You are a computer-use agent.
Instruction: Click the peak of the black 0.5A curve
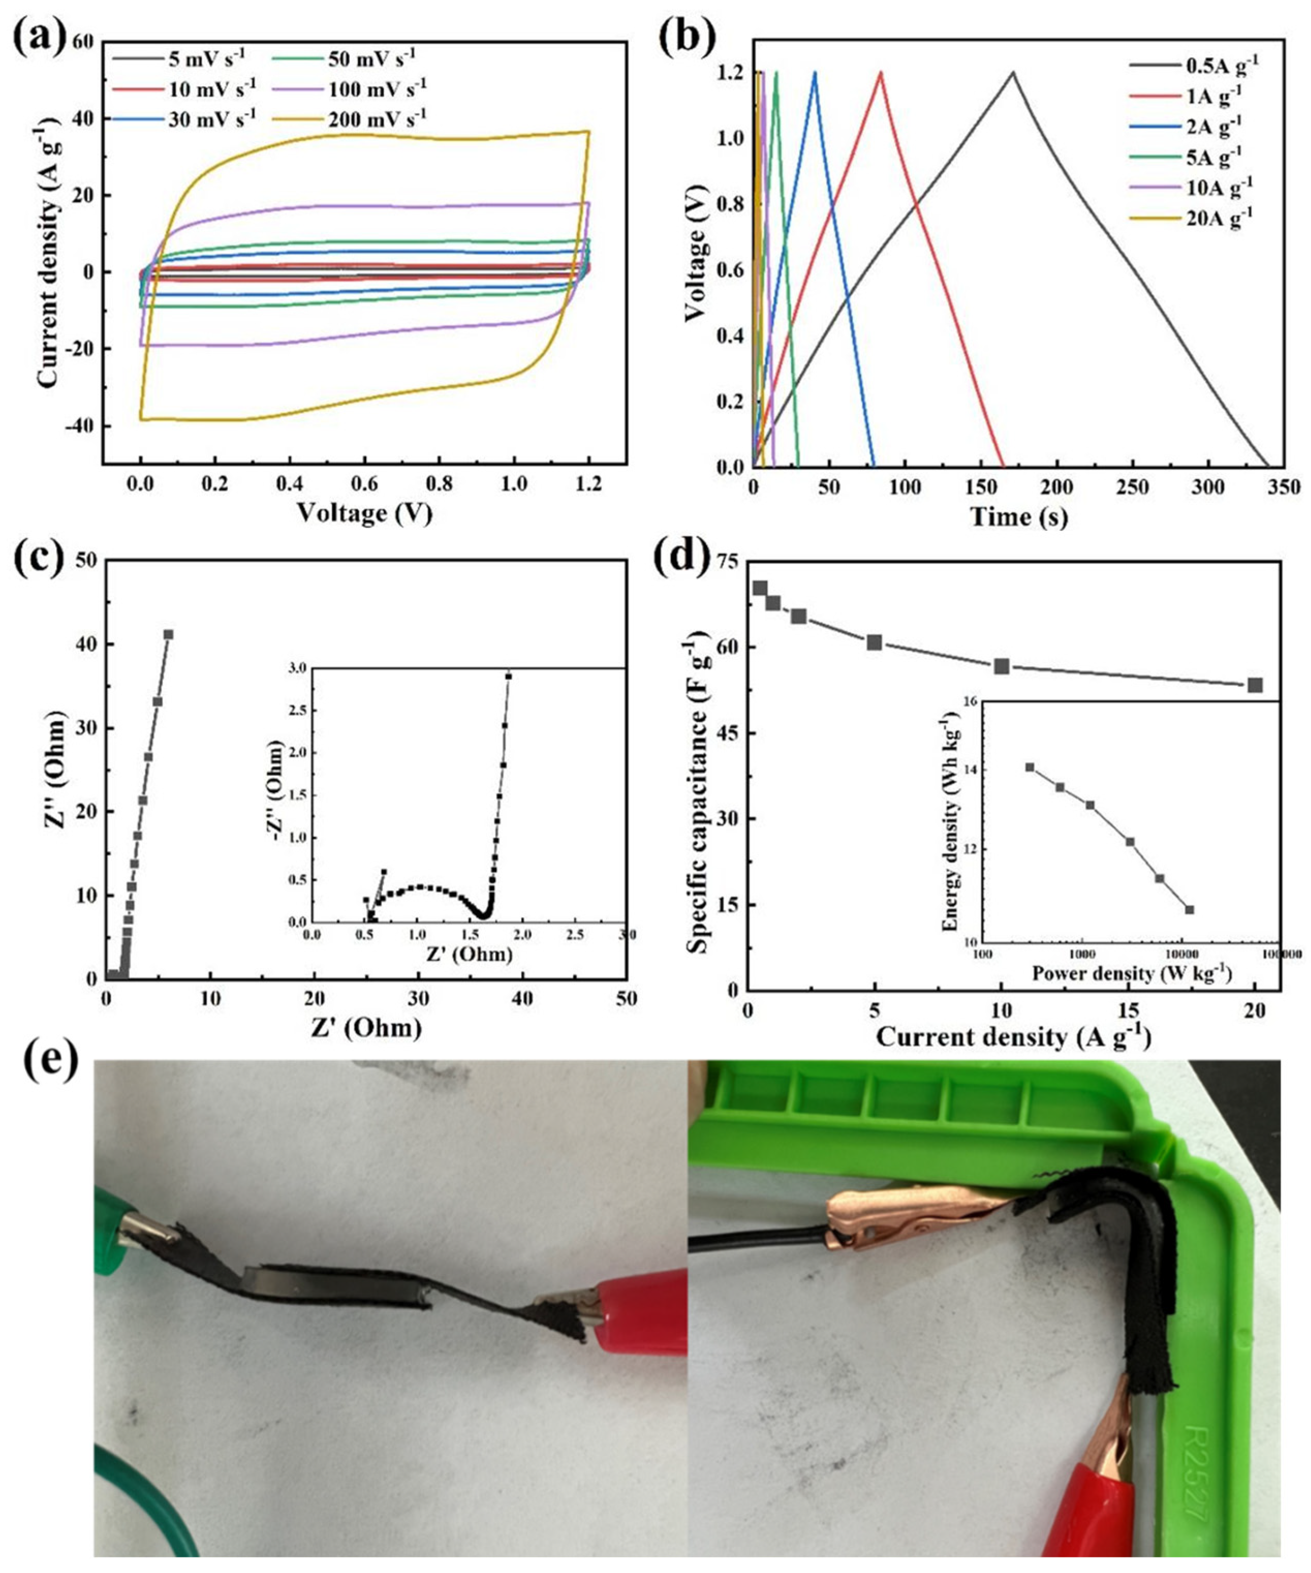tap(1013, 73)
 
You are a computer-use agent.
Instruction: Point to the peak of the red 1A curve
tap(881, 73)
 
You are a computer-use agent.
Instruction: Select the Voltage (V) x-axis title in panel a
tap(365, 513)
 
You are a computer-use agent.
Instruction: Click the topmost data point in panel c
tap(168, 635)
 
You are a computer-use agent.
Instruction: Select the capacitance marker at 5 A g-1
tap(873, 642)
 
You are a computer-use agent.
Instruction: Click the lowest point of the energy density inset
tap(1189, 909)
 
